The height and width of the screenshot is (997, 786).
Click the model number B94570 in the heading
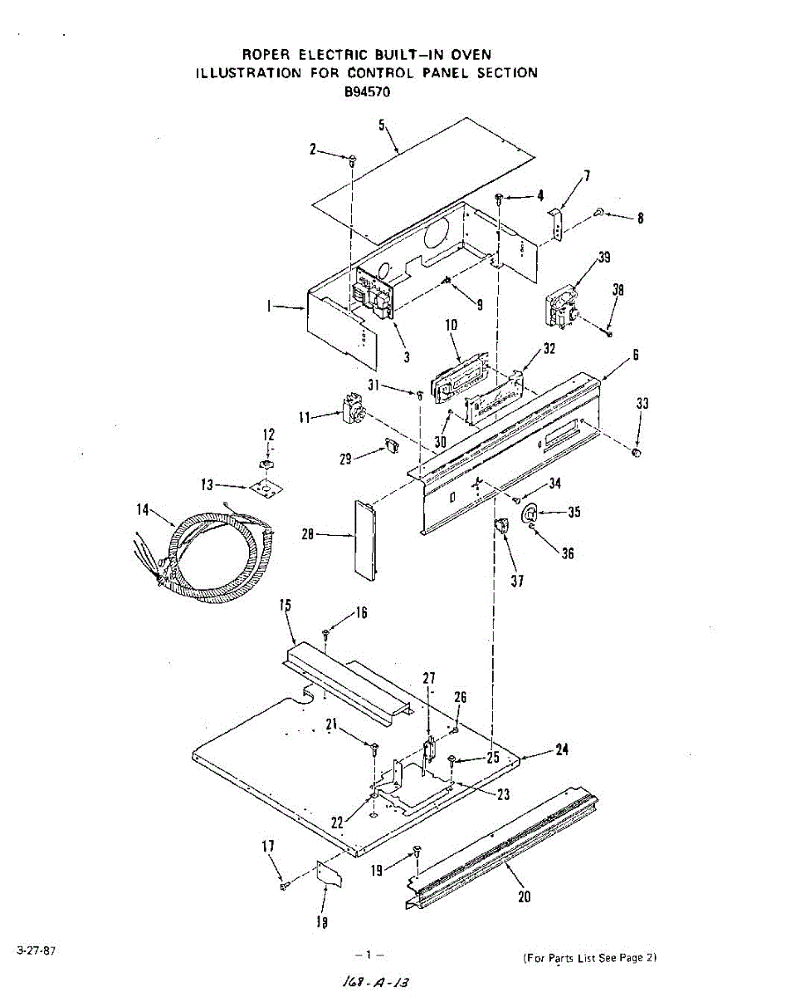[x=368, y=92]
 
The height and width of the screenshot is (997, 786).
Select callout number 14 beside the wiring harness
[x=143, y=509]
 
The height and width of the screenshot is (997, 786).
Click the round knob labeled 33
[x=637, y=452]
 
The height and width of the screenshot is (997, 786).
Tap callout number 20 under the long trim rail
[x=524, y=896]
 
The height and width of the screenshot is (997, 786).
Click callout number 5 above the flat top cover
[x=382, y=125]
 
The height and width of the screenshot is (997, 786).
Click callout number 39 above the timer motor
[x=604, y=257]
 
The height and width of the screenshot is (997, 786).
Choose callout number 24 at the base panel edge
[x=562, y=749]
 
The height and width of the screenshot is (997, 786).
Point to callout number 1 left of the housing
[x=269, y=307]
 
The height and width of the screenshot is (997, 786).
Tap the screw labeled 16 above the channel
[x=326, y=636]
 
